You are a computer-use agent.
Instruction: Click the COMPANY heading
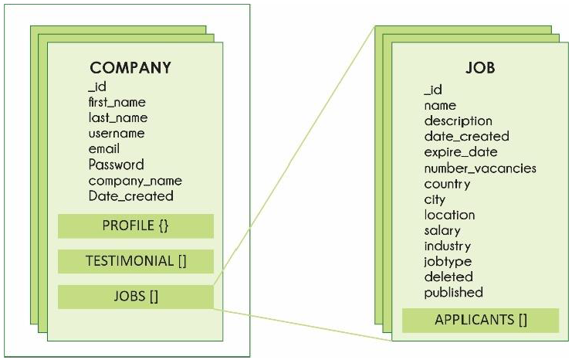coord(130,67)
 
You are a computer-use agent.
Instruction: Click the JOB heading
coord(479,67)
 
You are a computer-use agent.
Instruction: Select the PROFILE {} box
coord(135,226)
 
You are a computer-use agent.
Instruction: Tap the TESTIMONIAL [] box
coord(135,261)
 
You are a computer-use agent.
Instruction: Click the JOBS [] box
coord(135,296)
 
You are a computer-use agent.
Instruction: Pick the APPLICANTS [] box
coord(481,319)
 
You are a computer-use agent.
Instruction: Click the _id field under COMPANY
coord(97,87)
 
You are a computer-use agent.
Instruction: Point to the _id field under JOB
coord(433,90)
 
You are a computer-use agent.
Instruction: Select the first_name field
coord(117,102)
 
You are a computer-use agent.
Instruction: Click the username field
coord(116,133)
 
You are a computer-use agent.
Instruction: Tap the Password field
coord(116,165)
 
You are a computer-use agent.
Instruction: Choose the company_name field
coord(135,180)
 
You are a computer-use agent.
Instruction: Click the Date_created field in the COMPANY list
coord(130,195)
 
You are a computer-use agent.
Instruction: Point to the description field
coord(458,121)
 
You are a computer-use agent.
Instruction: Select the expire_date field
coord(461,151)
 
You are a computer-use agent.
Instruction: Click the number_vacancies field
coord(480,168)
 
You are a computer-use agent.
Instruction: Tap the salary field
coord(442,230)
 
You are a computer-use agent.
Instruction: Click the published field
coord(453,292)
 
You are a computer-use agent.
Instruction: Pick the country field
coord(447,184)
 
